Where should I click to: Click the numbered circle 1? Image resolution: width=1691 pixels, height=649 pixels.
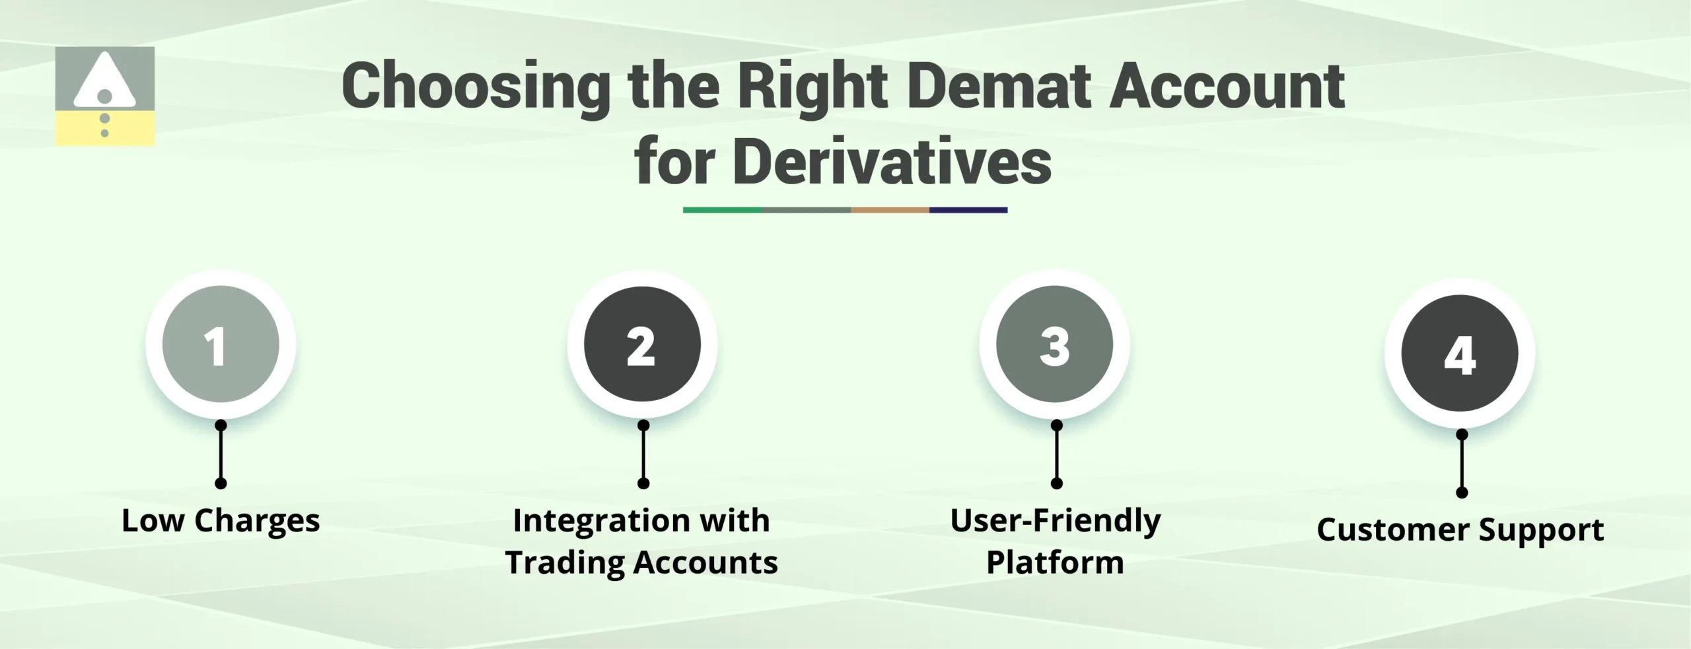(221, 344)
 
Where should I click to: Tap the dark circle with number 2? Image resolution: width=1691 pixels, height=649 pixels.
(642, 344)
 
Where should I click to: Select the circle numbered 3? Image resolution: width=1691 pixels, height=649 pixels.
(1055, 344)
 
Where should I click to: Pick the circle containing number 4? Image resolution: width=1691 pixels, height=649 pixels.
(1460, 353)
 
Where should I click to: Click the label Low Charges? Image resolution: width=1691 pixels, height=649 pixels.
(221, 521)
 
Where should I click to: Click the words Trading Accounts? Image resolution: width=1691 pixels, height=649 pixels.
(641, 563)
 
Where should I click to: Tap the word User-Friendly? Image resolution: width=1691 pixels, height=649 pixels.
(1055, 521)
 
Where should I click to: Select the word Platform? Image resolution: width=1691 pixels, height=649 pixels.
(1055, 563)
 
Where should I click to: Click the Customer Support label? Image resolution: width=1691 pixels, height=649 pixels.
(1460, 530)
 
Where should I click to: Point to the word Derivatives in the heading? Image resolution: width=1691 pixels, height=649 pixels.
(891, 162)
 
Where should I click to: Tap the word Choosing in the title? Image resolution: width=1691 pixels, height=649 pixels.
(476, 86)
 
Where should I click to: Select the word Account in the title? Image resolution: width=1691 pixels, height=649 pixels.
(1227, 86)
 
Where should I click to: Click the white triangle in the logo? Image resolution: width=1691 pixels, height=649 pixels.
(104, 83)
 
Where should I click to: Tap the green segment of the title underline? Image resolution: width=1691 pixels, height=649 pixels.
(721, 210)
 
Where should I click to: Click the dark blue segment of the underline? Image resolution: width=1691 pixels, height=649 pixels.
(968, 210)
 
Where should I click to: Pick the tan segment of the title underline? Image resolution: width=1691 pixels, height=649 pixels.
(890, 210)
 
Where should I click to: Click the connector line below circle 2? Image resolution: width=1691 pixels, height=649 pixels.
(643, 454)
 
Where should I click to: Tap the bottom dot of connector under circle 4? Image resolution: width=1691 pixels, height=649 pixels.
(1462, 493)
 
